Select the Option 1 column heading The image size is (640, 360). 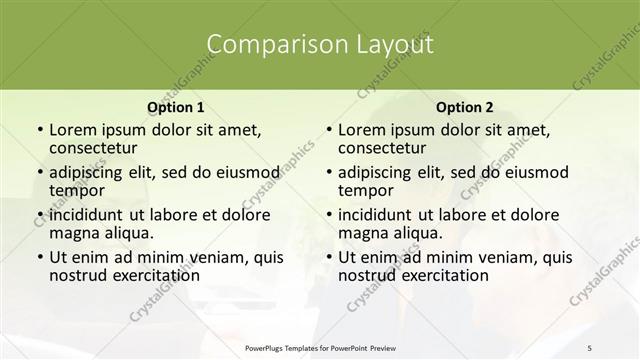coord(175,107)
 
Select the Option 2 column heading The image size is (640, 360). coord(464,107)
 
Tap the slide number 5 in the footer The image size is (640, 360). coord(589,347)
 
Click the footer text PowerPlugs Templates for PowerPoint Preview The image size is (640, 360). coord(319,347)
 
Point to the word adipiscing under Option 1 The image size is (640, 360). coord(91,172)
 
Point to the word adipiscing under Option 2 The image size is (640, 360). coord(380,172)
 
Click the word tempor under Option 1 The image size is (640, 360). coord(76,189)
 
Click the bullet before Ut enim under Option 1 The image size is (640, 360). coord(38,257)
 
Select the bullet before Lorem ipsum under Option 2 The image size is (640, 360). coord(327,130)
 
